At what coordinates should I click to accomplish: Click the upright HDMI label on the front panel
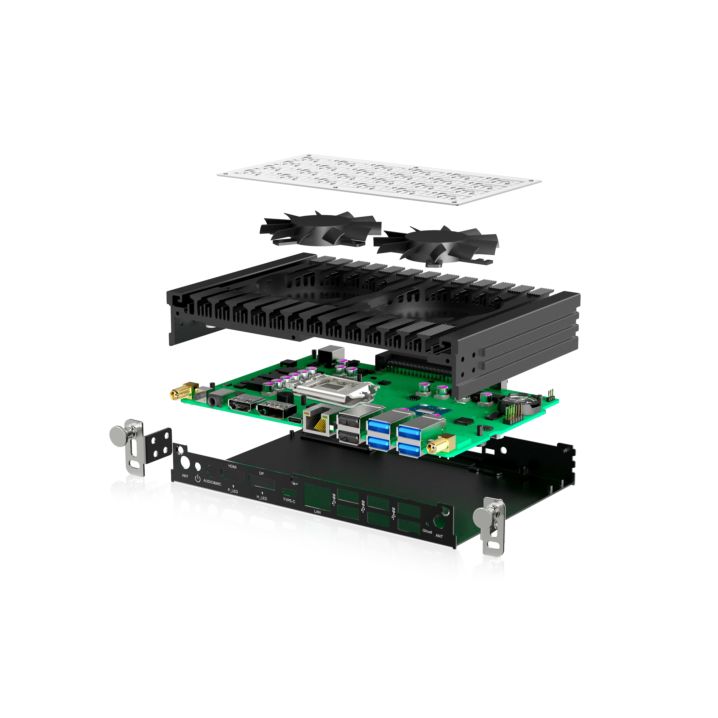point(232,467)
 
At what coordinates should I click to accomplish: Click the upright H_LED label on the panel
point(262,498)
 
